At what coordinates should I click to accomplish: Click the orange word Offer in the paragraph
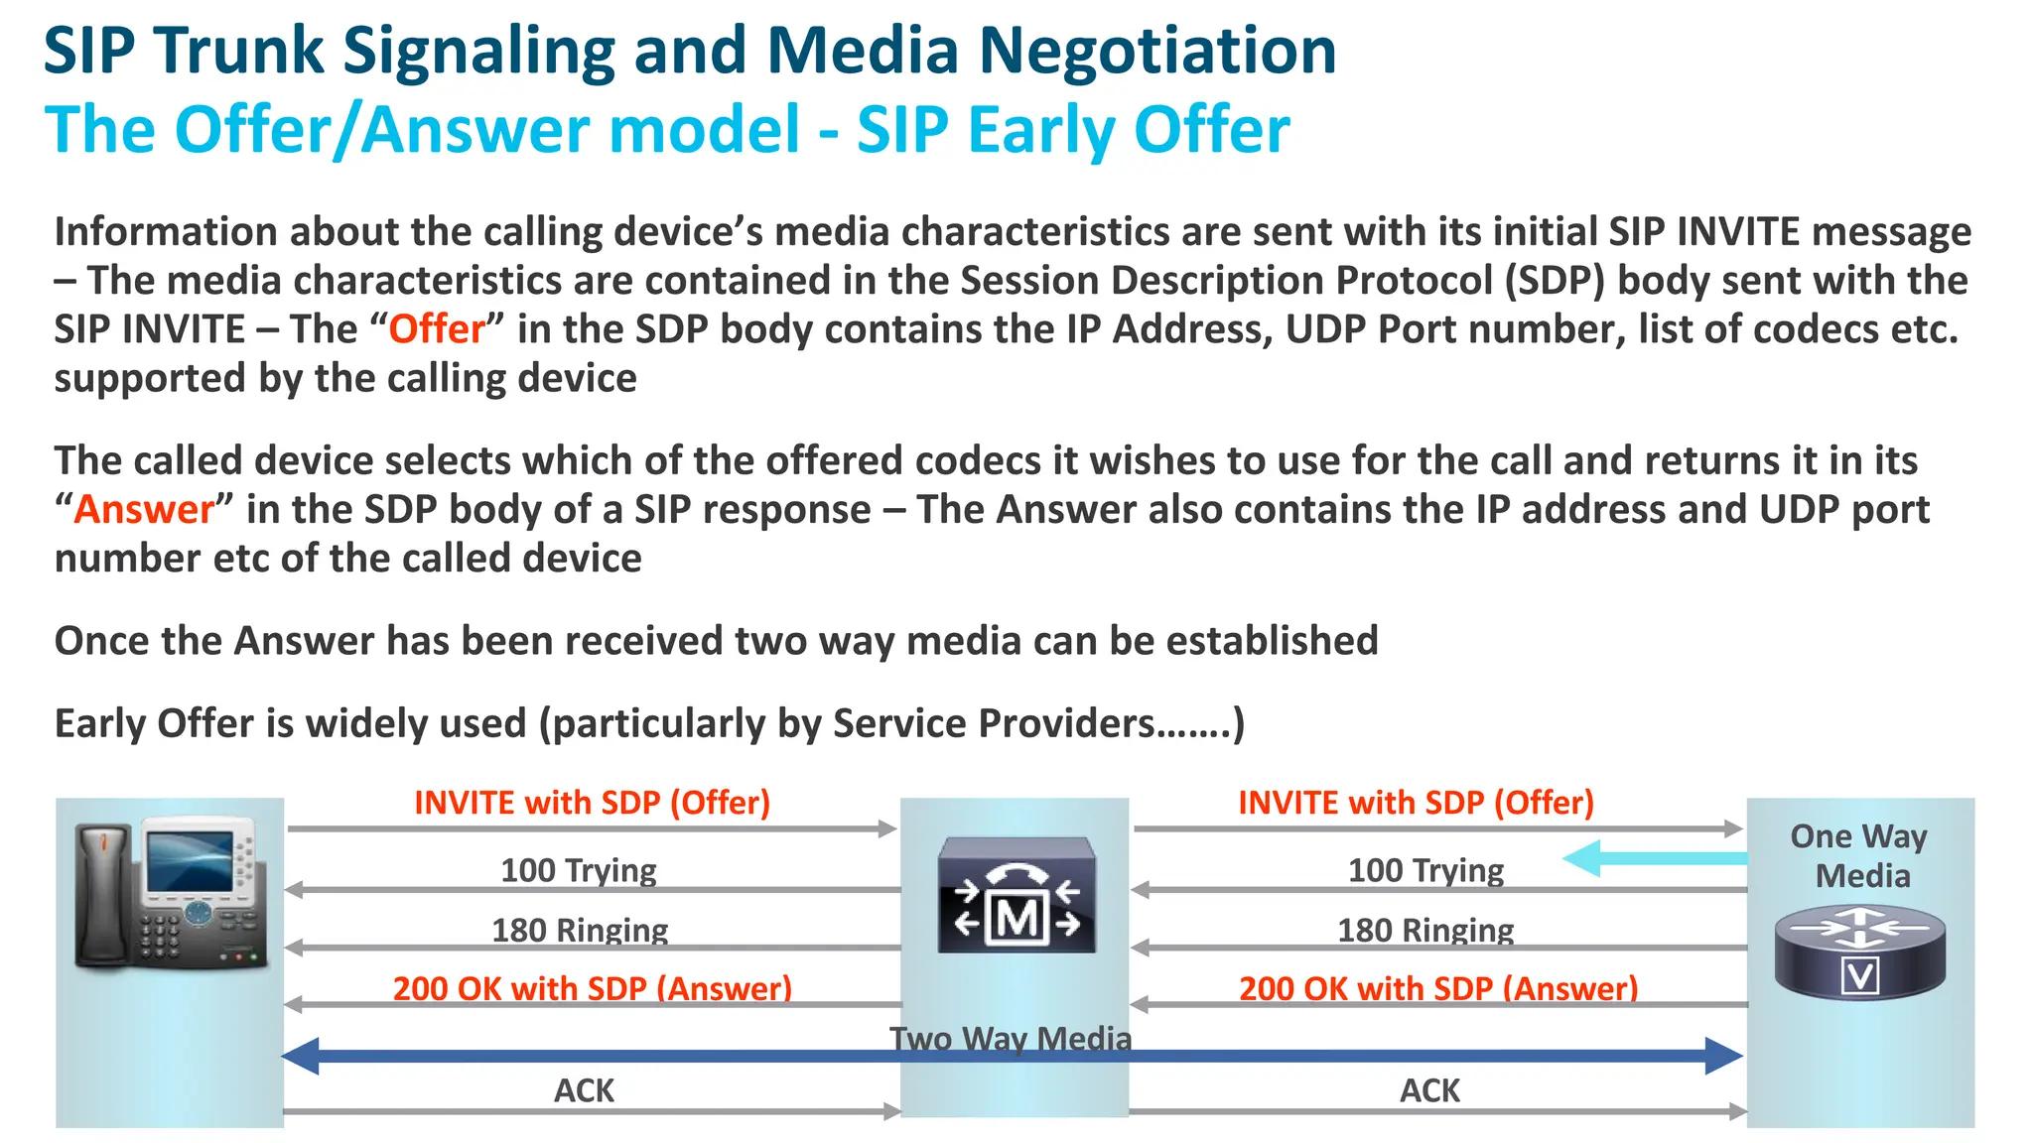click(437, 329)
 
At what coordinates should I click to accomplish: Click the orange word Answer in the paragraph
click(144, 510)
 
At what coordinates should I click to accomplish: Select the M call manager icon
click(1016, 895)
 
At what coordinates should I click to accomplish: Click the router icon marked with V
click(1859, 952)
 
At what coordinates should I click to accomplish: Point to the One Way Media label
click(1859, 855)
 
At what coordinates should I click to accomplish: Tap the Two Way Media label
click(1011, 1038)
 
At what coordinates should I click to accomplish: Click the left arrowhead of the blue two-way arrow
click(301, 1056)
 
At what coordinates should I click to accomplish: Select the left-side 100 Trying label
click(578, 870)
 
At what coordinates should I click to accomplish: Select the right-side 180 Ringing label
click(1425, 930)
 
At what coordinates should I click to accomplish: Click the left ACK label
click(584, 1090)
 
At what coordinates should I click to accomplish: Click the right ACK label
click(1429, 1090)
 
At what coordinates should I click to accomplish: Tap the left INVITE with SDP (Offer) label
click(592, 803)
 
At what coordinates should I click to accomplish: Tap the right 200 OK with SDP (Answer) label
click(1438, 988)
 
